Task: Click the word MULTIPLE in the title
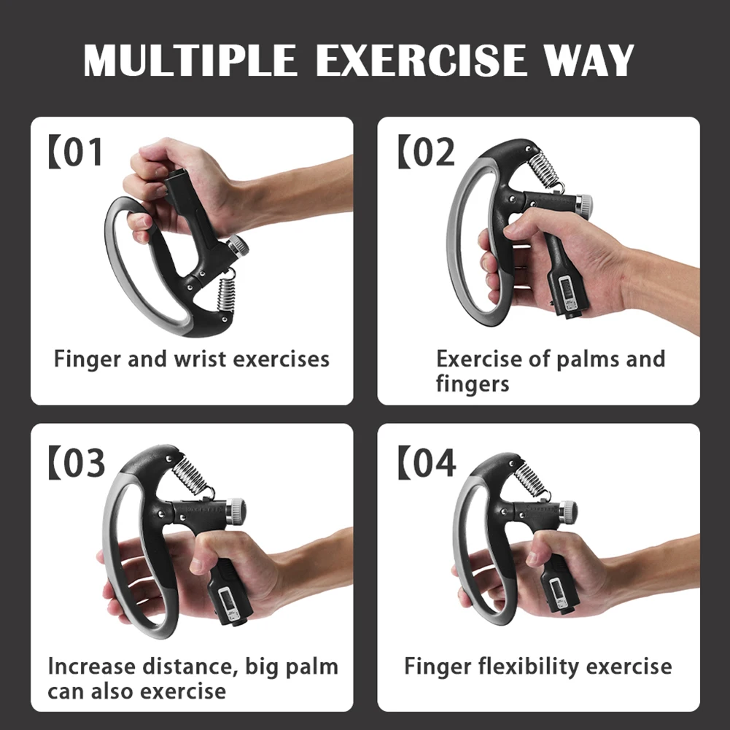[x=192, y=61]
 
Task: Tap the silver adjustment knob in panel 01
[x=238, y=246]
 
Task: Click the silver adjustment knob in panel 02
[x=584, y=203]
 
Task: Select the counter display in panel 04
[x=556, y=589]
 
